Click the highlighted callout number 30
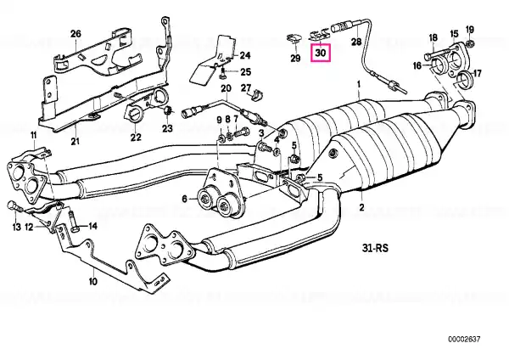(321, 53)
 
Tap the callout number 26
(76, 33)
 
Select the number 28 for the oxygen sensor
(356, 42)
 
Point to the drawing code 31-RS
(375, 248)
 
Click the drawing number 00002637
(464, 340)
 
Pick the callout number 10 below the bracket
(92, 281)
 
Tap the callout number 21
(75, 141)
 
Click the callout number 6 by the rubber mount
(184, 198)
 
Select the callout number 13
(17, 227)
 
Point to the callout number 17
(477, 73)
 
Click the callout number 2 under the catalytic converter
(361, 207)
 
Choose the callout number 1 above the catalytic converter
(359, 84)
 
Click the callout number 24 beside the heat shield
(245, 55)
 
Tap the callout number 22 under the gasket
(136, 137)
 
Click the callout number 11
(34, 135)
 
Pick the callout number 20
(226, 88)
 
